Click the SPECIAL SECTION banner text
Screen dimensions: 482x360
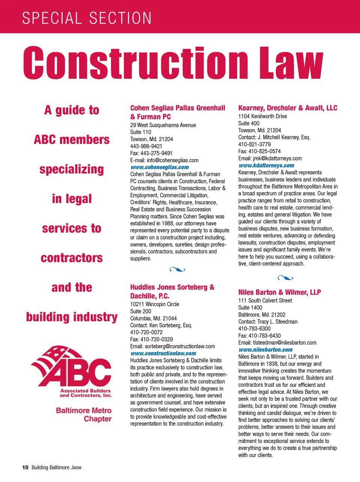[x=87, y=18]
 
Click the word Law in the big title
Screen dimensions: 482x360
[x=291, y=62]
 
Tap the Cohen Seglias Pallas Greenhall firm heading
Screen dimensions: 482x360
[x=177, y=112]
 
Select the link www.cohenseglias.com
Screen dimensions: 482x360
[x=159, y=167]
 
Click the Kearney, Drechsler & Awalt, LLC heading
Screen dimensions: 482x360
[x=288, y=108]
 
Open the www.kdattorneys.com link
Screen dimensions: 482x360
[x=266, y=166]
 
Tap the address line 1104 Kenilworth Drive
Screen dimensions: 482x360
[x=262, y=116]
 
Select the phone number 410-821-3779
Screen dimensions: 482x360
[x=254, y=144]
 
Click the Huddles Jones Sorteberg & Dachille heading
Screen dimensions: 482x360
[x=172, y=291]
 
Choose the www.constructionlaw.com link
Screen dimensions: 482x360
[x=163, y=353]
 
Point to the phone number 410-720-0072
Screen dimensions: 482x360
[x=146, y=332]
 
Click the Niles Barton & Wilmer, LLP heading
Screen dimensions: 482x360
[x=279, y=292]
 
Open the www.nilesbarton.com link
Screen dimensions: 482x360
[x=265, y=350]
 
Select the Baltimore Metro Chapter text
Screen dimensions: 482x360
[x=84, y=414]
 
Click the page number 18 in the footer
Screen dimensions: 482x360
[x=25, y=467]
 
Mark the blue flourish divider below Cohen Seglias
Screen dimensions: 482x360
[x=177, y=269]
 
